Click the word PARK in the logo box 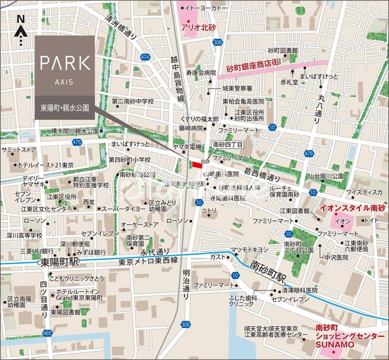[x=65, y=63]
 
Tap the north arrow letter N [x=20, y=19]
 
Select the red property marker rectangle [x=197, y=165]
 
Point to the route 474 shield [x=144, y=57]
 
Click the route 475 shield [x=76, y=142]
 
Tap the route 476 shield [x=309, y=154]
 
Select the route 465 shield [x=47, y=333]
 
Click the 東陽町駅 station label [x=60, y=263]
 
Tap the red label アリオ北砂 [x=197, y=28]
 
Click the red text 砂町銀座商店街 [x=252, y=70]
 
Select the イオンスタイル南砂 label [x=352, y=208]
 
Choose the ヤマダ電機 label [x=188, y=147]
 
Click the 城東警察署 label [x=237, y=89]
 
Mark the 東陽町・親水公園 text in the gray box [x=65, y=107]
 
